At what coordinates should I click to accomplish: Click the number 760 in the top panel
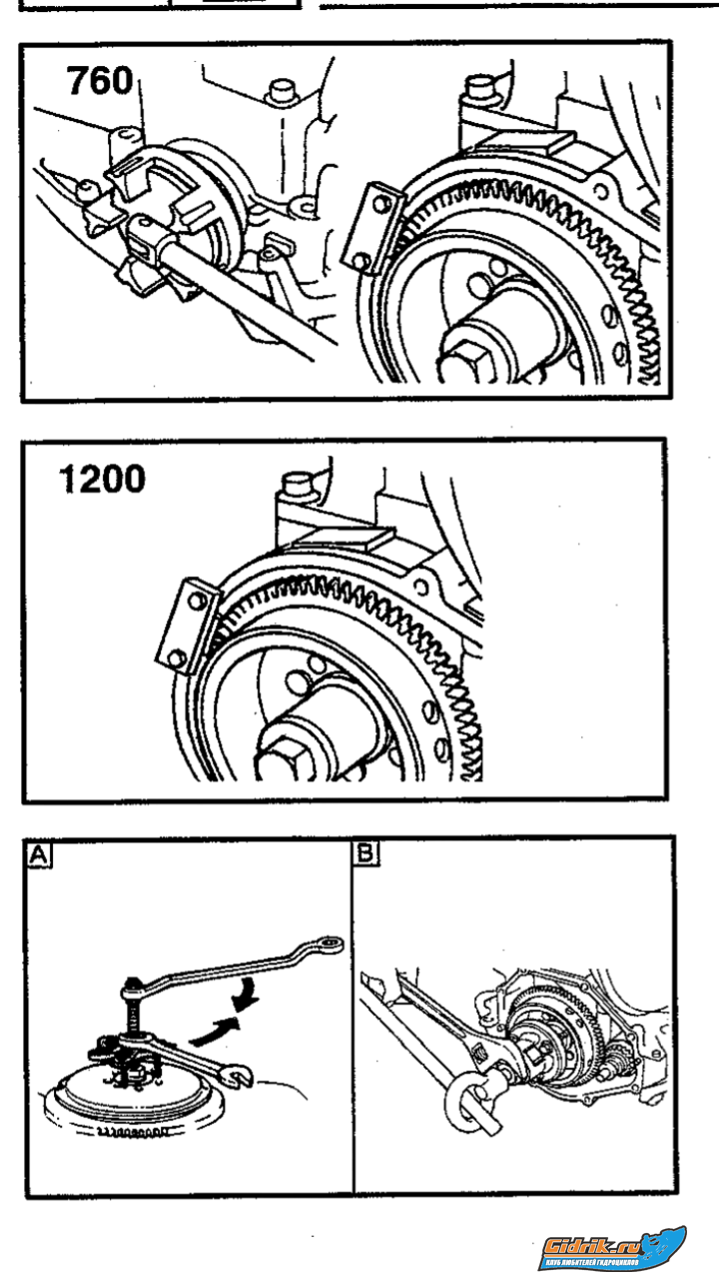coord(100,80)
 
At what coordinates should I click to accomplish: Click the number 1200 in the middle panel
coord(102,480)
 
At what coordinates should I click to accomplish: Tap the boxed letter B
coord(366,853)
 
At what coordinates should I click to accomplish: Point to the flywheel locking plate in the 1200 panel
coord(187,625)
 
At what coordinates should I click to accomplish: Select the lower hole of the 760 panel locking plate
coord(363,261)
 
